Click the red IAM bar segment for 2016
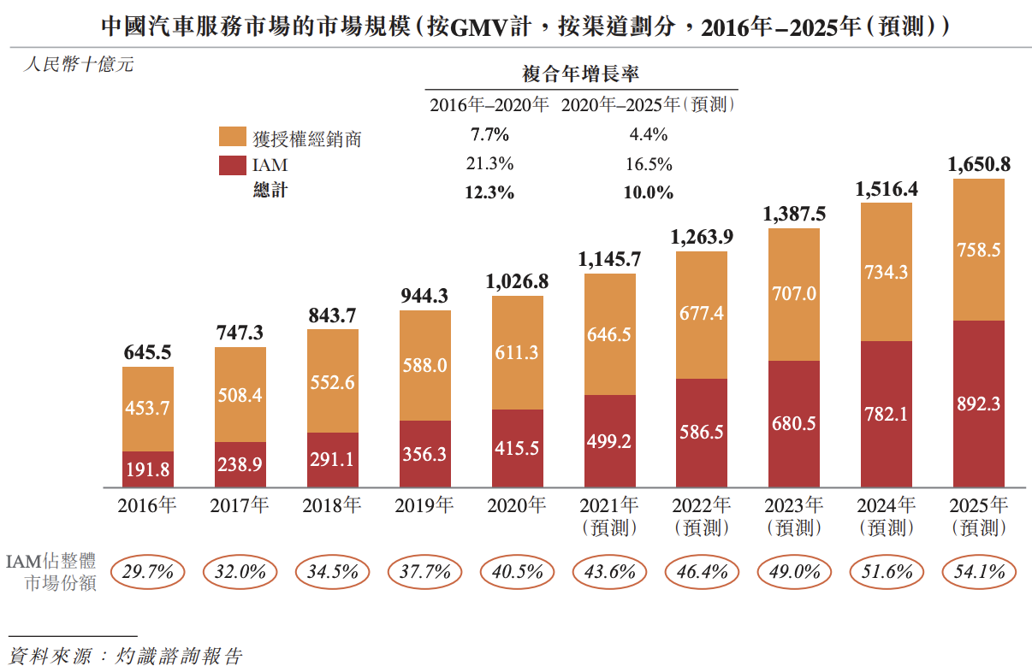point(148,469)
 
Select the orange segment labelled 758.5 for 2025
point(979,251)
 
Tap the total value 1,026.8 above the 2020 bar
point(517,280)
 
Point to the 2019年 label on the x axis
point(424,505)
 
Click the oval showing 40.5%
point(517,571)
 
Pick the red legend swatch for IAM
point(231,165)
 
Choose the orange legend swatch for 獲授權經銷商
point(231,137)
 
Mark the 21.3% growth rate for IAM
point(489,163)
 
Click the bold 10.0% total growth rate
point(649,192)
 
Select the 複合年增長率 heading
point(581,74)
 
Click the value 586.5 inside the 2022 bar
point(702,432)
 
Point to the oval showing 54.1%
point(979,571)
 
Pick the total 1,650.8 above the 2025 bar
point(979,164)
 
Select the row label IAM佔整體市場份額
point(51,572)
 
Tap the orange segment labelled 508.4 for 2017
point(240,395)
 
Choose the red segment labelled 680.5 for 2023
point(794,423)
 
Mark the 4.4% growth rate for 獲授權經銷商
point(649,134)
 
